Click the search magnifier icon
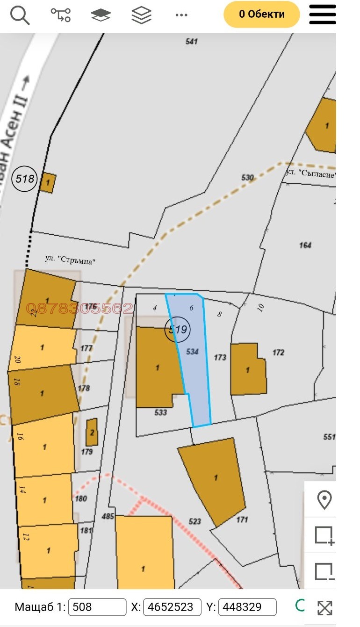[20, 15]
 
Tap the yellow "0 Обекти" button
[261, 14]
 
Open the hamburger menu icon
[323, 14]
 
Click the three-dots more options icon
[181, 15]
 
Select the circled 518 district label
[24, 178]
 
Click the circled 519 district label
[177, 329]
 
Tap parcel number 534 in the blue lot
[192, 351]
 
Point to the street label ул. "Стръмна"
[70, 260]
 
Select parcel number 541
[191, 41]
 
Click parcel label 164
[305, 245]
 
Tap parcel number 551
[329, 437]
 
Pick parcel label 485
[108, 517]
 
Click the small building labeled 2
[92, 432]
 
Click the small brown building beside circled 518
[48, 182]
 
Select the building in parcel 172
[248, 369]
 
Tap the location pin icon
[324, 500]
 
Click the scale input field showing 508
[97, 607]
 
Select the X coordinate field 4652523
[172, 607]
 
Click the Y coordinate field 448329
[247, 607]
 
